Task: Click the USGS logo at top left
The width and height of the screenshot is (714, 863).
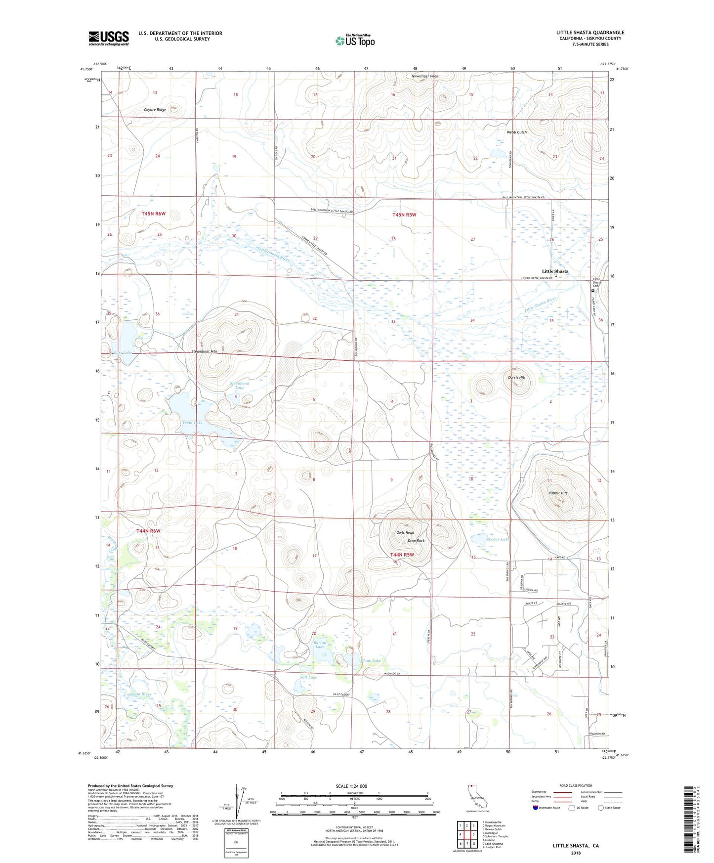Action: tap(109, 38)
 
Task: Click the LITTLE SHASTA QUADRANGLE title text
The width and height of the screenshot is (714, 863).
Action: tap(590, 33)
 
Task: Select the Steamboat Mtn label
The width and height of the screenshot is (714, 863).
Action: tap(205, 351)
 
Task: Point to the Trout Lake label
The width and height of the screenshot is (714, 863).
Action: tap(192, 423)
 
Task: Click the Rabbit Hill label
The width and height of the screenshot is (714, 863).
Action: tap(558, 493)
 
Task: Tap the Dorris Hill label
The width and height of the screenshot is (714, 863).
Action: tap(517, 377)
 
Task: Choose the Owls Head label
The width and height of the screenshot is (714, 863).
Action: tap(405, 533)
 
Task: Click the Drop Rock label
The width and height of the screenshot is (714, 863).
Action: tap(416, 541)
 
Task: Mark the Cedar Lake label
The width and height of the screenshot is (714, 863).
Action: tap(498, 539)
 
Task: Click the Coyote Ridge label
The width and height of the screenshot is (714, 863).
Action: tap(155, 109)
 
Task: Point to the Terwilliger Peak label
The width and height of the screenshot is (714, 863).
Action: tap(425, 76)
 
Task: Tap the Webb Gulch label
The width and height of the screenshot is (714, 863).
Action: tap(517, 132)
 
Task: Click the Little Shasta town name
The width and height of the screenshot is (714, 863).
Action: tap(555, 271)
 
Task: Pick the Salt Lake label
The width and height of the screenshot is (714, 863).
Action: tap(309, 677)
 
